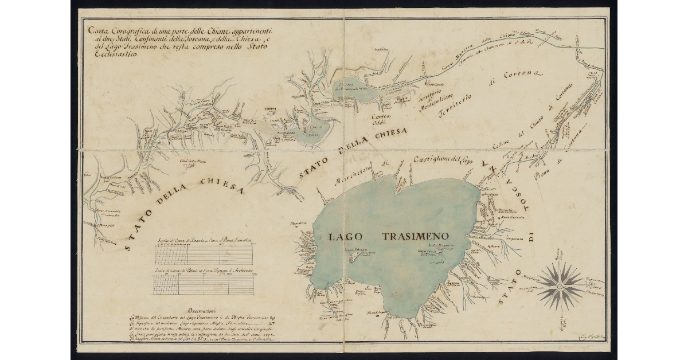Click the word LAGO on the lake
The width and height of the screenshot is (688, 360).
[346, 236]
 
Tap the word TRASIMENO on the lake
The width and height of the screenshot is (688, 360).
[414, 236]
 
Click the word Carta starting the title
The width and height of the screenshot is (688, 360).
[96, 30]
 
